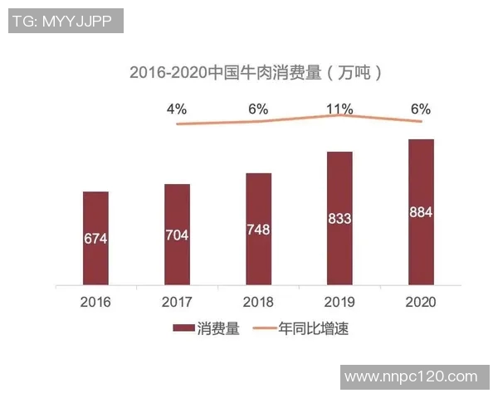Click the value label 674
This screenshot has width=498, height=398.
coord(95,238)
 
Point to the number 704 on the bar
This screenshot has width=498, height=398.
coord(177,235)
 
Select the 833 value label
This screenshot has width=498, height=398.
coord(339,219)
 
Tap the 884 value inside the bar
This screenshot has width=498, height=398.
coord(421,212)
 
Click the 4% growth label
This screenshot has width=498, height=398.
coord(177,109)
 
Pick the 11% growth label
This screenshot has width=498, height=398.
coord(339,109)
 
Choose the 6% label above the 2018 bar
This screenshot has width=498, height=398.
coord(258,109)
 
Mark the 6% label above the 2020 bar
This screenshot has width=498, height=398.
coord(421,109)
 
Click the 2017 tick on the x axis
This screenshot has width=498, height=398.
coord(177,302)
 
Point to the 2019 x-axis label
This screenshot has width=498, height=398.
coord(339,302)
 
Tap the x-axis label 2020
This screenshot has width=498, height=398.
coord(421,302)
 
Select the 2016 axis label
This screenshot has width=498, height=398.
coord(95,302)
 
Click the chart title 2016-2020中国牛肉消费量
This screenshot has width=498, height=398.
coord(256,71)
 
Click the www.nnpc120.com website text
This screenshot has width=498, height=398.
coord(411,377)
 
